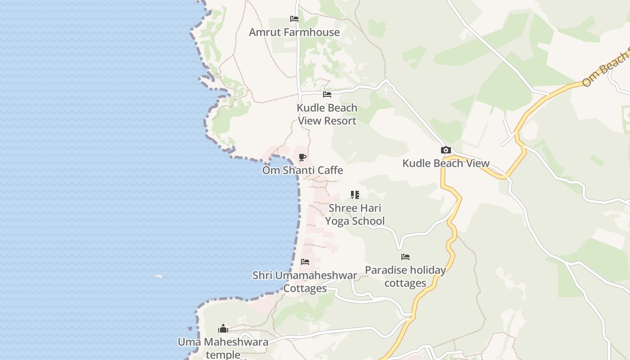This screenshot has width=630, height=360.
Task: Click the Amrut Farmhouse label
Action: (294, 32)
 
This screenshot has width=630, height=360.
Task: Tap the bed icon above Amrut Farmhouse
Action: (294, 19)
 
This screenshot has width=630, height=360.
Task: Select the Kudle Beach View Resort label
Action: (327, 114)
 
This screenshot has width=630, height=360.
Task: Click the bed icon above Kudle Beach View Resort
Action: (327, 94)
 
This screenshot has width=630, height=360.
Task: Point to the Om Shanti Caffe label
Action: (302, 171)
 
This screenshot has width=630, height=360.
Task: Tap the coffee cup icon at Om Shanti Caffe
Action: (302, 157)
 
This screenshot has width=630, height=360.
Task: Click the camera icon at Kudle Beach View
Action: (446, 150)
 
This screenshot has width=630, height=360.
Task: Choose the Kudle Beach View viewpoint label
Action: (446, 163)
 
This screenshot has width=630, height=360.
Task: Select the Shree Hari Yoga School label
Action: (355, 215)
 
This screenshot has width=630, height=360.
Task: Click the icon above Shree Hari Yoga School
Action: (355, 195)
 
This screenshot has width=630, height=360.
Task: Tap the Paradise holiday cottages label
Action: (405, 276)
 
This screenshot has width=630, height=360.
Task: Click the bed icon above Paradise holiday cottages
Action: (405, 257)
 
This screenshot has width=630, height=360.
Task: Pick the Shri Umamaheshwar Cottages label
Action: (305, 282)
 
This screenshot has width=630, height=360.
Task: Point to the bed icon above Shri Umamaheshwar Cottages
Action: (305, 262)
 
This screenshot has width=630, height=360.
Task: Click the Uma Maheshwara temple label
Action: (223, 348)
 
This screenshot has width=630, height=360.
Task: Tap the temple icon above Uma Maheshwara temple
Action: (223, 328)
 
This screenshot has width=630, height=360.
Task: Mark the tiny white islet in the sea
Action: (158, 276)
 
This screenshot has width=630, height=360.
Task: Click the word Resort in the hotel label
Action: (340, 121)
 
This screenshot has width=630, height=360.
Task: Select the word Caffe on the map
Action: (330, 171)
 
